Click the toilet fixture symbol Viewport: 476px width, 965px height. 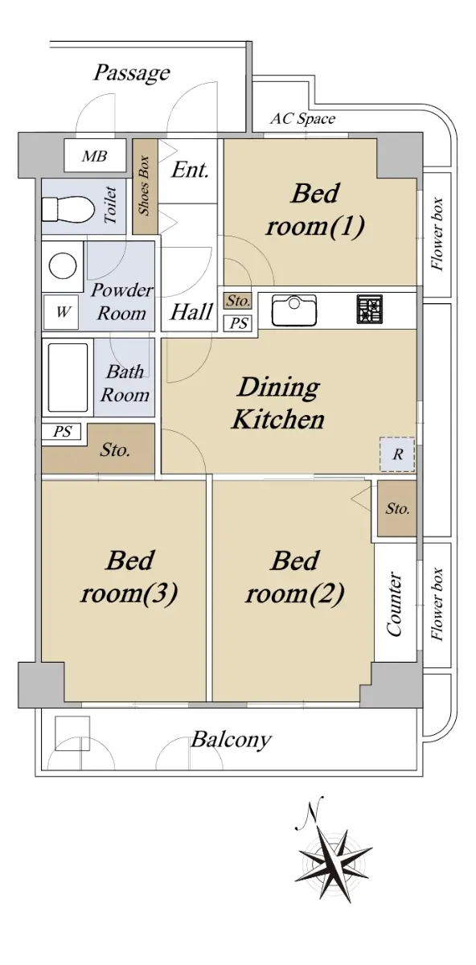click(x=68, y=209)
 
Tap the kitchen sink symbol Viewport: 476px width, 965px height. click(x=293, y=310)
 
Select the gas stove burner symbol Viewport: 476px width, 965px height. click(x=369, y=309)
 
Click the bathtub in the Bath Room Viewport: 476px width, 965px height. click(x=68, y=377)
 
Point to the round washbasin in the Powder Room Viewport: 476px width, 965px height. click(x=63, y=265)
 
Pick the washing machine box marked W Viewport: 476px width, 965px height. click(x=61, y=312)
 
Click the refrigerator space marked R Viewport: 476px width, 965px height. click(x=397, y=454)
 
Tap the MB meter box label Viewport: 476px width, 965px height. click(x=94, y=156)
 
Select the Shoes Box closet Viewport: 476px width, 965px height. click(x=145, y=186)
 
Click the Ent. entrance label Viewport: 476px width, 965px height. click(x=190, y=170)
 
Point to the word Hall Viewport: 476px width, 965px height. click(x=191, y=311)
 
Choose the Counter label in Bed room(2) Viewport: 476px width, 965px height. click(x=395, y=604)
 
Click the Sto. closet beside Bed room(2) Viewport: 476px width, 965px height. click(x=397, y=508)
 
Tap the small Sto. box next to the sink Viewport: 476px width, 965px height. click(x=238, y=301)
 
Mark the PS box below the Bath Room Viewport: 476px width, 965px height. click(x=62, y=431)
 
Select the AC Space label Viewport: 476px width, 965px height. click(x=302, y=118)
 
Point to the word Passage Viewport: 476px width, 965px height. click(x=132, y=73)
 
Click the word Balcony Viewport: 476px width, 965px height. click(x=231, y=740)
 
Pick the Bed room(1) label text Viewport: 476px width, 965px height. click(x=315, y=209)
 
